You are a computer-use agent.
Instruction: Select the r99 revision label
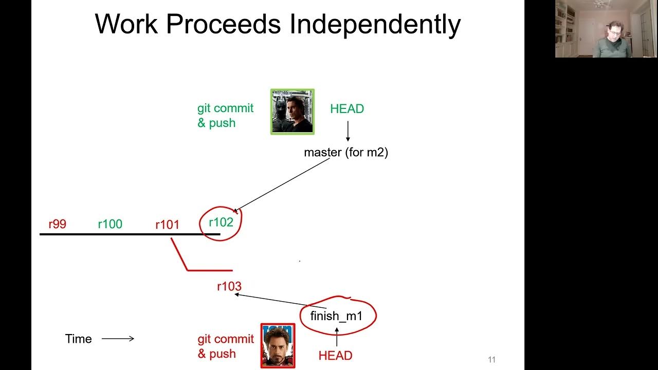coord(57,224)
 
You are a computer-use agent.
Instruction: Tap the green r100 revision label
coord(110,224)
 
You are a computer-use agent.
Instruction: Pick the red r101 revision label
coord(167,225)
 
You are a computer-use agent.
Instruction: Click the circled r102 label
coord(221,223)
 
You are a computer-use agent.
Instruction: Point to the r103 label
coord(229,287)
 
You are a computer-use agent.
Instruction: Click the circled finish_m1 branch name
coord(337,316)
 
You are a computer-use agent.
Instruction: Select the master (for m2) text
coord(346,153)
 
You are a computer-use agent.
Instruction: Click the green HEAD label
coord(347,109)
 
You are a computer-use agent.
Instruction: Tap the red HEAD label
coord(335,356)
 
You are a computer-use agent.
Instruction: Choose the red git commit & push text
coord(226,346)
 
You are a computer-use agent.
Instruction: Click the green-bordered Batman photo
coord(293,112)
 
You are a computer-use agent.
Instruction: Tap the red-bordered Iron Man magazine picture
coord(278,345)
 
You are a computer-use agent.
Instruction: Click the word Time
coord(79,339)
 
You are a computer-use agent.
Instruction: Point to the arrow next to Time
coord(118,339)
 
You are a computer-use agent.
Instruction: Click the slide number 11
coord(491,360)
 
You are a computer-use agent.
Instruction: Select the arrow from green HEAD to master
coord(348,131)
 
